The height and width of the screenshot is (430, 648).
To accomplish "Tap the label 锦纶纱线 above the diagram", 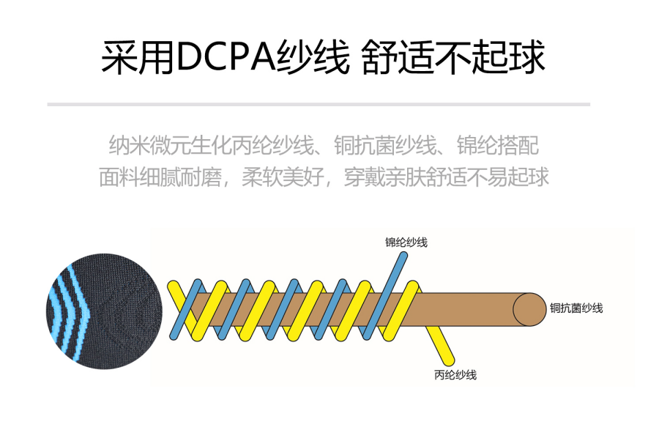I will (x=406, y=242).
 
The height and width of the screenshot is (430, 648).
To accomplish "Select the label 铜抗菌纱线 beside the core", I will (x=576, y=308).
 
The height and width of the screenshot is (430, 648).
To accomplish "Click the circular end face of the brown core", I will (x=528, y=308).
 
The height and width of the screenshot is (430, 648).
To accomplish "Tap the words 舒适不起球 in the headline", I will (x=454, y=57).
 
